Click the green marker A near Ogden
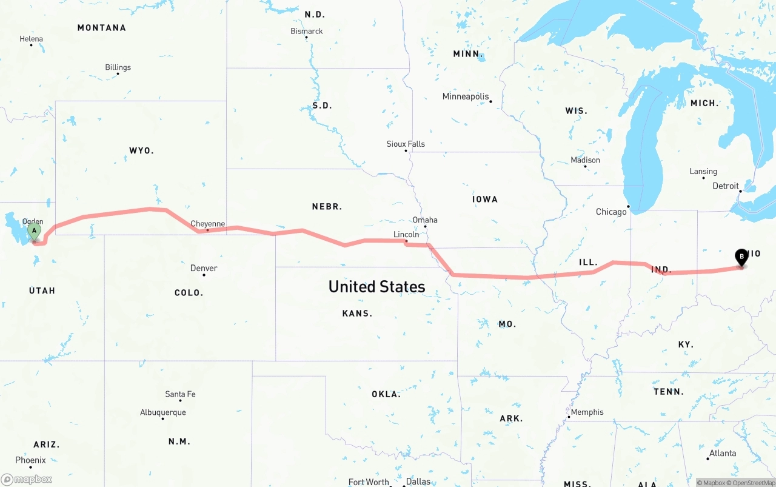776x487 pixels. [35, 231]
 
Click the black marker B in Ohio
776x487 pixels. [741, 257]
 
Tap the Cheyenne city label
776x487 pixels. [208, 224]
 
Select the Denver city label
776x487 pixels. [204, 268]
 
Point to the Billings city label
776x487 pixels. [118, 67]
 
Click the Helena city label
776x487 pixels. [31, 39]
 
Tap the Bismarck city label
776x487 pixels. [307, 31]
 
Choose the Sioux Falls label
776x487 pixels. [406, 144]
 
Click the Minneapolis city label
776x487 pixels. [465, 96]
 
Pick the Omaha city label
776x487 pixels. [424, 220]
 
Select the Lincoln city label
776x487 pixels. [406, 234]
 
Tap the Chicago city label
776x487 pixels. [611, 212]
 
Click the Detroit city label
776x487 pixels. [726, 186]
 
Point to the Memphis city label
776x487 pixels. [587, 412]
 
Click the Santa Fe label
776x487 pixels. [180, 394]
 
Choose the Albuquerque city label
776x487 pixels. [163, 412]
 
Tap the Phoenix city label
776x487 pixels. [30, 460]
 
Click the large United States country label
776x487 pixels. [376, 286]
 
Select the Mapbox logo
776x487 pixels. [27, 479]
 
